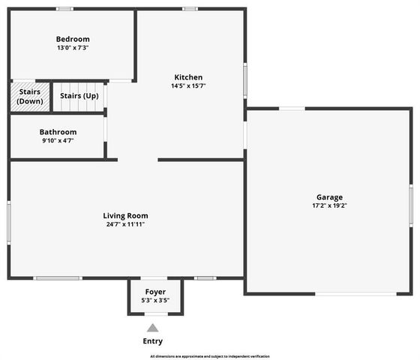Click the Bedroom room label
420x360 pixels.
(x=73, y=39)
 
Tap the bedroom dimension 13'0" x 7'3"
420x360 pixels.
(x=73, y=48)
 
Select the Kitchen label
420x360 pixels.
(x=188, y=77)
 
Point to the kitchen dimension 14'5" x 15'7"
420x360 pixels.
(x=188, y=86)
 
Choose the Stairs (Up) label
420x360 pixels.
(x=79, y=96)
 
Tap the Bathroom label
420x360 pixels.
(x=58, y=132)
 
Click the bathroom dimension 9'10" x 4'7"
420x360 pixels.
(x=58, y=141)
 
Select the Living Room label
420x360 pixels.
(x=125, y=215)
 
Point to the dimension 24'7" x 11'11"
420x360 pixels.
(x=125, y=224)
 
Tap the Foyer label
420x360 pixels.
(x=155, y=292)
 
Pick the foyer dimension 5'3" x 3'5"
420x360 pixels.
(x=155, y=301)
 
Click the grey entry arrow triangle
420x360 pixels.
(x=152, y=328)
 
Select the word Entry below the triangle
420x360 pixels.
(x=152, y=341)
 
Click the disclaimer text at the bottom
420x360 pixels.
(x=210, y=356)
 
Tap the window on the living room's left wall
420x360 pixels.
(x=9, y=221)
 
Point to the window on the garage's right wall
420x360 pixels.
(x=411, y=204)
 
